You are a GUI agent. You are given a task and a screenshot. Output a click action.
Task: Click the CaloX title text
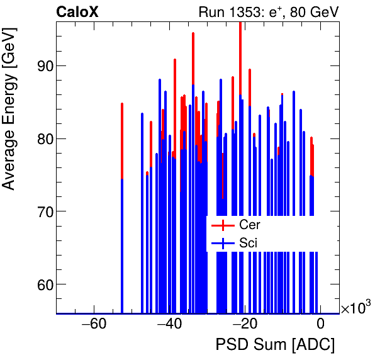77,11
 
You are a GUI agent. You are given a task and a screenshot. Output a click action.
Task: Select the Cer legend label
249,225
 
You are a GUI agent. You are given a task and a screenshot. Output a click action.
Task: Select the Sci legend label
248,243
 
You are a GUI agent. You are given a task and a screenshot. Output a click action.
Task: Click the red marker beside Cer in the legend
223,225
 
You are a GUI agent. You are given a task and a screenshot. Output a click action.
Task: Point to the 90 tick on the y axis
41,66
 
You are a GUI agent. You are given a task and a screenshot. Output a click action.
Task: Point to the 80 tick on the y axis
41,138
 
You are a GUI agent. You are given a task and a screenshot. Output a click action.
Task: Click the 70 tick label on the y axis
41,211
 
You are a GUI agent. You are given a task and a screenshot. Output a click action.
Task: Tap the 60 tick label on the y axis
41,284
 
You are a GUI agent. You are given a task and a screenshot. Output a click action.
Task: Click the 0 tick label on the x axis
320,325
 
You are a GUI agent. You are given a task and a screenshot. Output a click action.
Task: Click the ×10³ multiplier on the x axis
355,308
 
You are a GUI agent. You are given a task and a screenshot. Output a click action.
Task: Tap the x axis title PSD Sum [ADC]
275,345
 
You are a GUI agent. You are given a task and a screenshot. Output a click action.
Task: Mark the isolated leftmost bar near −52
121,208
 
